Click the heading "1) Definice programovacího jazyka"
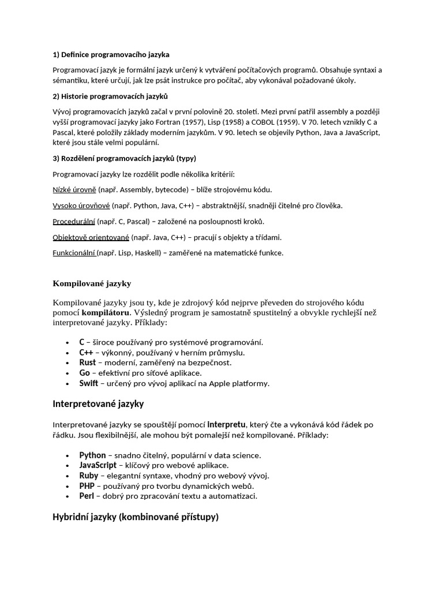point(111,55)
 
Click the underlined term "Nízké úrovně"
point(74,189)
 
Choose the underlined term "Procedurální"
point(74,221)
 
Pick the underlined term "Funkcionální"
point(74,253)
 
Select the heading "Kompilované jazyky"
point(92,283)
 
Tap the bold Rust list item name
point(88,362)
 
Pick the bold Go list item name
point(85,373)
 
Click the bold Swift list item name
point(89,383)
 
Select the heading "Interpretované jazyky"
point(98,403)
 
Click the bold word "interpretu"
point(227,425)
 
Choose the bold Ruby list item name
point(89,476)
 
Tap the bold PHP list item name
point(87,486)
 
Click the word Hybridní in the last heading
point(70,517)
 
